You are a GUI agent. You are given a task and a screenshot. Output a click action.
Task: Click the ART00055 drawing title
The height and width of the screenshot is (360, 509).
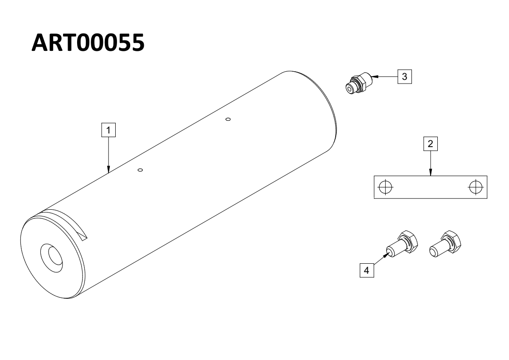pos(88,43)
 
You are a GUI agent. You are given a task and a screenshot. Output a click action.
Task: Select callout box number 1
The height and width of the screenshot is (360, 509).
pos(108,130)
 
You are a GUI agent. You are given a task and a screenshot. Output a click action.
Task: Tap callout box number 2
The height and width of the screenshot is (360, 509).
pos(431,144)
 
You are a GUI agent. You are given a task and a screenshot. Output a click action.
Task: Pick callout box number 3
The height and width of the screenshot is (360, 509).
pos(405,77)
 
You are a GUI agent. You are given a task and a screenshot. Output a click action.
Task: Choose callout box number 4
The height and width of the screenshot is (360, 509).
pos(367,270)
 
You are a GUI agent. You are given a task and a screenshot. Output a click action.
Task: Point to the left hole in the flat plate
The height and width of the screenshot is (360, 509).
pos(385,187)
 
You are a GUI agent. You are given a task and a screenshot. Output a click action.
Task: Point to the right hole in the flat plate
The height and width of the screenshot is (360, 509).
pos(475,187)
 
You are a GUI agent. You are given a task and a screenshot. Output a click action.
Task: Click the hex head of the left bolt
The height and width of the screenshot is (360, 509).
pos(409,242)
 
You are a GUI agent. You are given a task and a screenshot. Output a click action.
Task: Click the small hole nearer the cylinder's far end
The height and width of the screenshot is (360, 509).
pos(228,119)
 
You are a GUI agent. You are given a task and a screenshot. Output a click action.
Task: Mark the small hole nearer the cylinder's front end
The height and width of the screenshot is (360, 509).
pos(140,170)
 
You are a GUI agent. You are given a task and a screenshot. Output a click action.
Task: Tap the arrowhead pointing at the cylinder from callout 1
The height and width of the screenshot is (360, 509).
pos(108,168)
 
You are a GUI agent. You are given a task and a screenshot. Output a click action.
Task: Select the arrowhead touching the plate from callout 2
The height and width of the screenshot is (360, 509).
pos(431,173)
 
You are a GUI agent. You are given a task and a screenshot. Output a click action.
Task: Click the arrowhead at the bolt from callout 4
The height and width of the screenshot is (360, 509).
pos(386,256)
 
